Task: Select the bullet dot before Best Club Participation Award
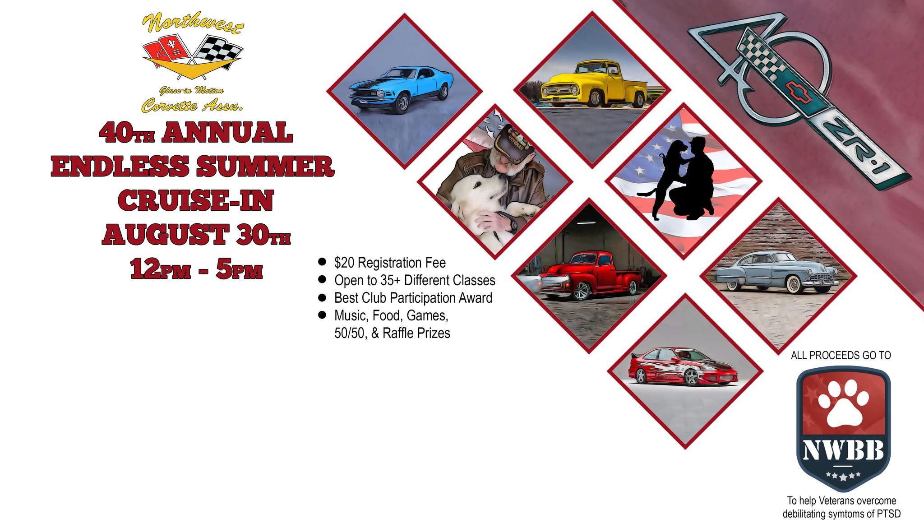322,297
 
